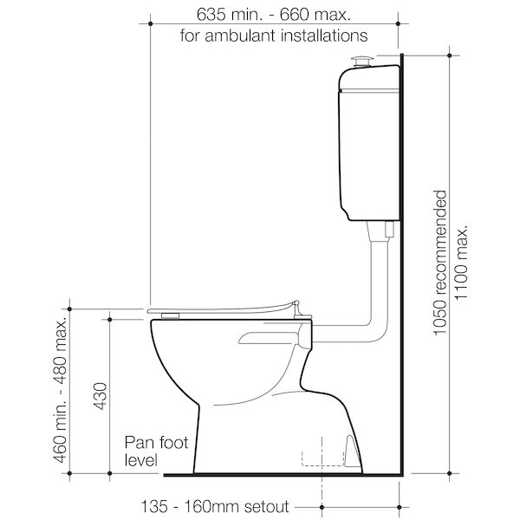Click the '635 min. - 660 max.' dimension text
(274, 15)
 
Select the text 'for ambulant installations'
(274, 36)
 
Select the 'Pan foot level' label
(143, 451)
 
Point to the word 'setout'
(266, 505)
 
